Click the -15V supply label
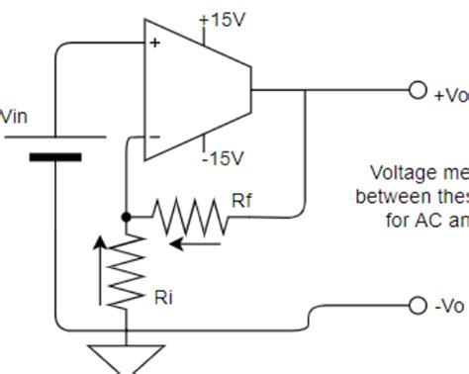click(223, 157)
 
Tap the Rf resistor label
click(242, 201)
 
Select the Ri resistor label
click(164, 296)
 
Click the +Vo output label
click(450, 95)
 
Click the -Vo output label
click(448, 306)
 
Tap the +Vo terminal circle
click(419, 90)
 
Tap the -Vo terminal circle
click(419, 305)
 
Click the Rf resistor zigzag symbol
click(191, 215)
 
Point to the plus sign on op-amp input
click(154, 44)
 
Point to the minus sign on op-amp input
click(153, 138)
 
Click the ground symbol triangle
click(126, 357)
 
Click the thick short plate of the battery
click(55, 156)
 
